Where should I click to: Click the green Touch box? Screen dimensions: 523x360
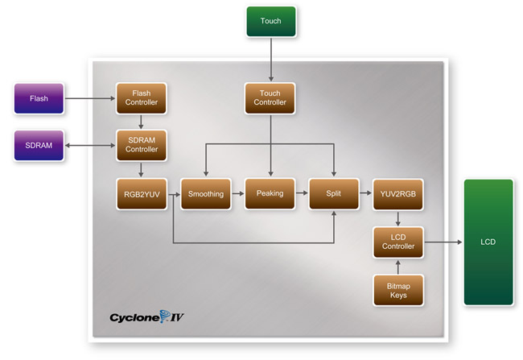(x=271, y=22)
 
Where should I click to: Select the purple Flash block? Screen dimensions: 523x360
(x=39, y=98)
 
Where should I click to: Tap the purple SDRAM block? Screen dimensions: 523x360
(x=39, y=146)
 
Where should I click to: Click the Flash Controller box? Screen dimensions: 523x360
(x=142, y=98)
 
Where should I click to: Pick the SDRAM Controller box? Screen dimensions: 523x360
(x=142, y=145)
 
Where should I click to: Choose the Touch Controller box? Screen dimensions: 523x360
(x=270, y=98)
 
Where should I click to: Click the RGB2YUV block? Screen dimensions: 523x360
(x=142, y=194)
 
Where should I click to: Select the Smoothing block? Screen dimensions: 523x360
(x=206, y=194)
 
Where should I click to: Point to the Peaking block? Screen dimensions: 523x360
(x=270, y=194)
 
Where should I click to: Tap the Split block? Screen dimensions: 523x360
(x=334, y=194)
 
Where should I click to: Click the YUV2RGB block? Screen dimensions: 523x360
(x=398, y=194)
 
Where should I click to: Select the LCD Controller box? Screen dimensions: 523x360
(x=398, y=242)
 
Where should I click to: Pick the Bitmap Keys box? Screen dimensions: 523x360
(x=398, y=290)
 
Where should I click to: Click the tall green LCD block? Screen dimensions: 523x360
(x=488, y=242)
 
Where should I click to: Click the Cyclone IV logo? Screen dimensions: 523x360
(x=146, y=317)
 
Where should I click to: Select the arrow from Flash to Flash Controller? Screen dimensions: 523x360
(x=90, y=98)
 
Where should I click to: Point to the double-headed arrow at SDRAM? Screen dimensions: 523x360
(x=90, y=145)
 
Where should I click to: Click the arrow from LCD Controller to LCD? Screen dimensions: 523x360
(x=443, y=242)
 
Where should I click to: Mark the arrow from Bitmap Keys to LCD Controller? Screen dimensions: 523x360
(x=398, y=267)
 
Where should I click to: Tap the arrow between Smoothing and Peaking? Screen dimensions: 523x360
(x=238, y=193)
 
